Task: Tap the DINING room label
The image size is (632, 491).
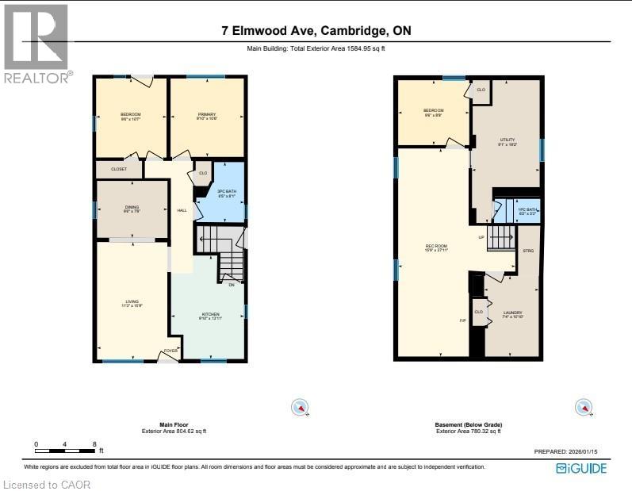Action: [x=132, y=209]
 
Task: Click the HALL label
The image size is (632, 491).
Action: [x=182, y=210]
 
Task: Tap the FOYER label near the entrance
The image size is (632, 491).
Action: [x=170, y=351]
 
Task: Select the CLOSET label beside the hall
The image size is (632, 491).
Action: [x=118, y=169]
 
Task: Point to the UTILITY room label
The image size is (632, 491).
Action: [x=507, y=140]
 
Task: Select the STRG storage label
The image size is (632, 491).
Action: [x=528, y=251]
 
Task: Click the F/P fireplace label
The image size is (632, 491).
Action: [x=462, y=321]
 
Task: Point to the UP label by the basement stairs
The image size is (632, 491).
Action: [x=481, y=237]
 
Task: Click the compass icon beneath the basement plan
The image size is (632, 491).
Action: [x=584, y=408]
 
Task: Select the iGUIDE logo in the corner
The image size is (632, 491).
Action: [x=581, y=468]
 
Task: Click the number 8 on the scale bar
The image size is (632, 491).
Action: [x=94, y=444]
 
